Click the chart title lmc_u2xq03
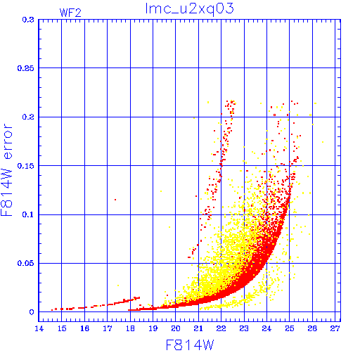[x=190, y=9]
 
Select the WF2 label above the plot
[x=70, y=13]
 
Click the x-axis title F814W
[x=190, y=345]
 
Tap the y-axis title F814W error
[x=7, y=170]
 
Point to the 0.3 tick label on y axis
[x=28, y=20]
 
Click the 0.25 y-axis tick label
[x=26, y=68]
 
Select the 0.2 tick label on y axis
[x=28, y=117]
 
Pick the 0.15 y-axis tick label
[x=26, y=166]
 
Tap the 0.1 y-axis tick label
[x=28, y=214]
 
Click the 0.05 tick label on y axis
[x=26, y=263]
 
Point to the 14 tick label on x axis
[x=39, y=329]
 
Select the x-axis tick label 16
[x=84, y=329]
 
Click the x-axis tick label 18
[x=130, y=329]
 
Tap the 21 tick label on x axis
[x=198, y=329]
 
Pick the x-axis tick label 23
[x=244, y=329]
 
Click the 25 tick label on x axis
[x=290, y=329]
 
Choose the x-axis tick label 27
[x=335, y=329]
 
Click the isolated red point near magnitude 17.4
[x=115, y=200]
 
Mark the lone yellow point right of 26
[x=323, y=142]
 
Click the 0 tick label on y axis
[x=32, y=312]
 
